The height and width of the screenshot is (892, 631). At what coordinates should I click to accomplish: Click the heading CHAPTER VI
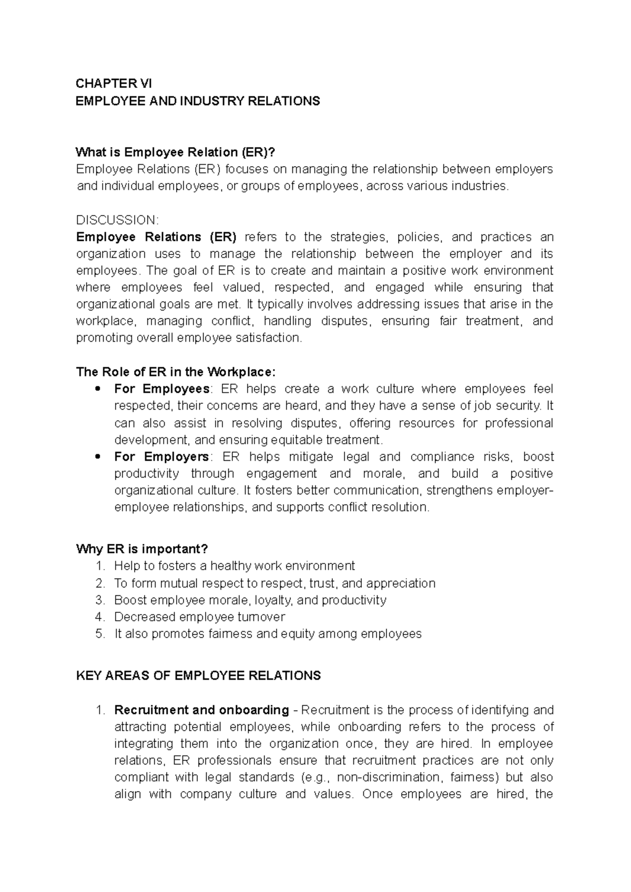(114, 84)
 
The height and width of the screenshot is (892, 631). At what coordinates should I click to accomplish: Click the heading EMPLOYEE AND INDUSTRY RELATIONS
(198, 101)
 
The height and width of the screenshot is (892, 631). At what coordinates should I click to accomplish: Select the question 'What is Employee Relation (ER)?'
(176, 153)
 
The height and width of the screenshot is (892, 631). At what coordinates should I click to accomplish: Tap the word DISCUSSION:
(117, 220)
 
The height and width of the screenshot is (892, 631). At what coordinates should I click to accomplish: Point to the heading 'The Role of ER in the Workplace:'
(176, 372)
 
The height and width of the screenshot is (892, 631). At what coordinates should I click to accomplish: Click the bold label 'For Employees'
(161, 389)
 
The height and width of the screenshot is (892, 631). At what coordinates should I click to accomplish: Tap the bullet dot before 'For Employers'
(96, 457)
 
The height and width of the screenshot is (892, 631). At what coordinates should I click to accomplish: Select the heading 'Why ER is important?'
(142, 549)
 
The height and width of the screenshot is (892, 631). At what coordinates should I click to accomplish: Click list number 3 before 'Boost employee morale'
(100, 600)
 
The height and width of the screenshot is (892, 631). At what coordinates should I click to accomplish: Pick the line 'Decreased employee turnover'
(200, 617)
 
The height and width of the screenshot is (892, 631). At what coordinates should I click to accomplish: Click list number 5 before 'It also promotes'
(100, 634)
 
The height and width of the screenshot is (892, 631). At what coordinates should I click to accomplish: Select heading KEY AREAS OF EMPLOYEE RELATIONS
(198, 676)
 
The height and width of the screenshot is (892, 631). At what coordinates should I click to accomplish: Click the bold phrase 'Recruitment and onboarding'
(201, 710)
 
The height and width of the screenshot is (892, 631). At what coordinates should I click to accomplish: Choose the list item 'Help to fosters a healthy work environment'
(235, 566)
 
